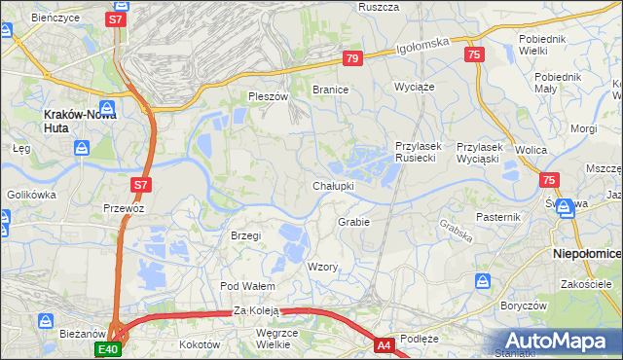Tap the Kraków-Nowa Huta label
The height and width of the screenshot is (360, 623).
[x=81, y=114]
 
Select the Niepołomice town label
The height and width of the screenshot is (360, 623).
[x=587, y=253]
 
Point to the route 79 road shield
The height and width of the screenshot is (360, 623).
[x=352, y=59]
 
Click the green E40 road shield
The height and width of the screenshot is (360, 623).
[x=108, y=348]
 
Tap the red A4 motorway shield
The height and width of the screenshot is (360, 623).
[x=385, y=343]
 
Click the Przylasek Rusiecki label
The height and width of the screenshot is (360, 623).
[x=420, y=152]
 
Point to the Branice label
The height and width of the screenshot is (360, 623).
[x=330, y=89]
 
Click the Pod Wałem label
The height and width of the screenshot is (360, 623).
[x=247, y=286]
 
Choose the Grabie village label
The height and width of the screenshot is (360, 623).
[x=354, y=222]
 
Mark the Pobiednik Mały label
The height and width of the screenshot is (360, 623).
[x=558, y=83]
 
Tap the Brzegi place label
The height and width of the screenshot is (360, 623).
[x=245, y=235]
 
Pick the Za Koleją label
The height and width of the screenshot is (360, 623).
[x=256, y=310]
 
